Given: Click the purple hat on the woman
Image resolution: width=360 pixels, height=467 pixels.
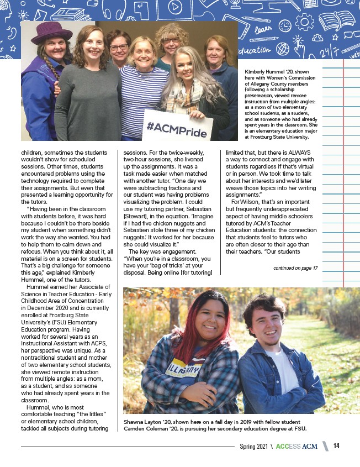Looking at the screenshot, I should pyautogui.click(x=51, y=33).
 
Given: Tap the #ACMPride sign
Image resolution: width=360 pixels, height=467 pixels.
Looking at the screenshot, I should pyautogui.click(x=178, y=127).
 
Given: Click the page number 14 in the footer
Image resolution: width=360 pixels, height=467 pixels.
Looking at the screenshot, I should pyautogui.click(x=336, y=446).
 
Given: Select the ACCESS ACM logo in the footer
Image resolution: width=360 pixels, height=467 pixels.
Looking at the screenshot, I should pyautogui.click(x=297, y=446).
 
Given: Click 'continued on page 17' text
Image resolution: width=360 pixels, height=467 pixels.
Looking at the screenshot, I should pyautogui.click(x=295, y=269).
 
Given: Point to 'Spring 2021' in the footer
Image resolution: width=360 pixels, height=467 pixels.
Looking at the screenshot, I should pyautogui.click(x=254, y=446).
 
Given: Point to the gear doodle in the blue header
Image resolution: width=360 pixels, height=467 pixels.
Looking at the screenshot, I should pyautogui.click(x=304, y=22).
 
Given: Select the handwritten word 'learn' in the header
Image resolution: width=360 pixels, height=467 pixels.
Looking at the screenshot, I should pyautogui.click(x=264, y=28).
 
